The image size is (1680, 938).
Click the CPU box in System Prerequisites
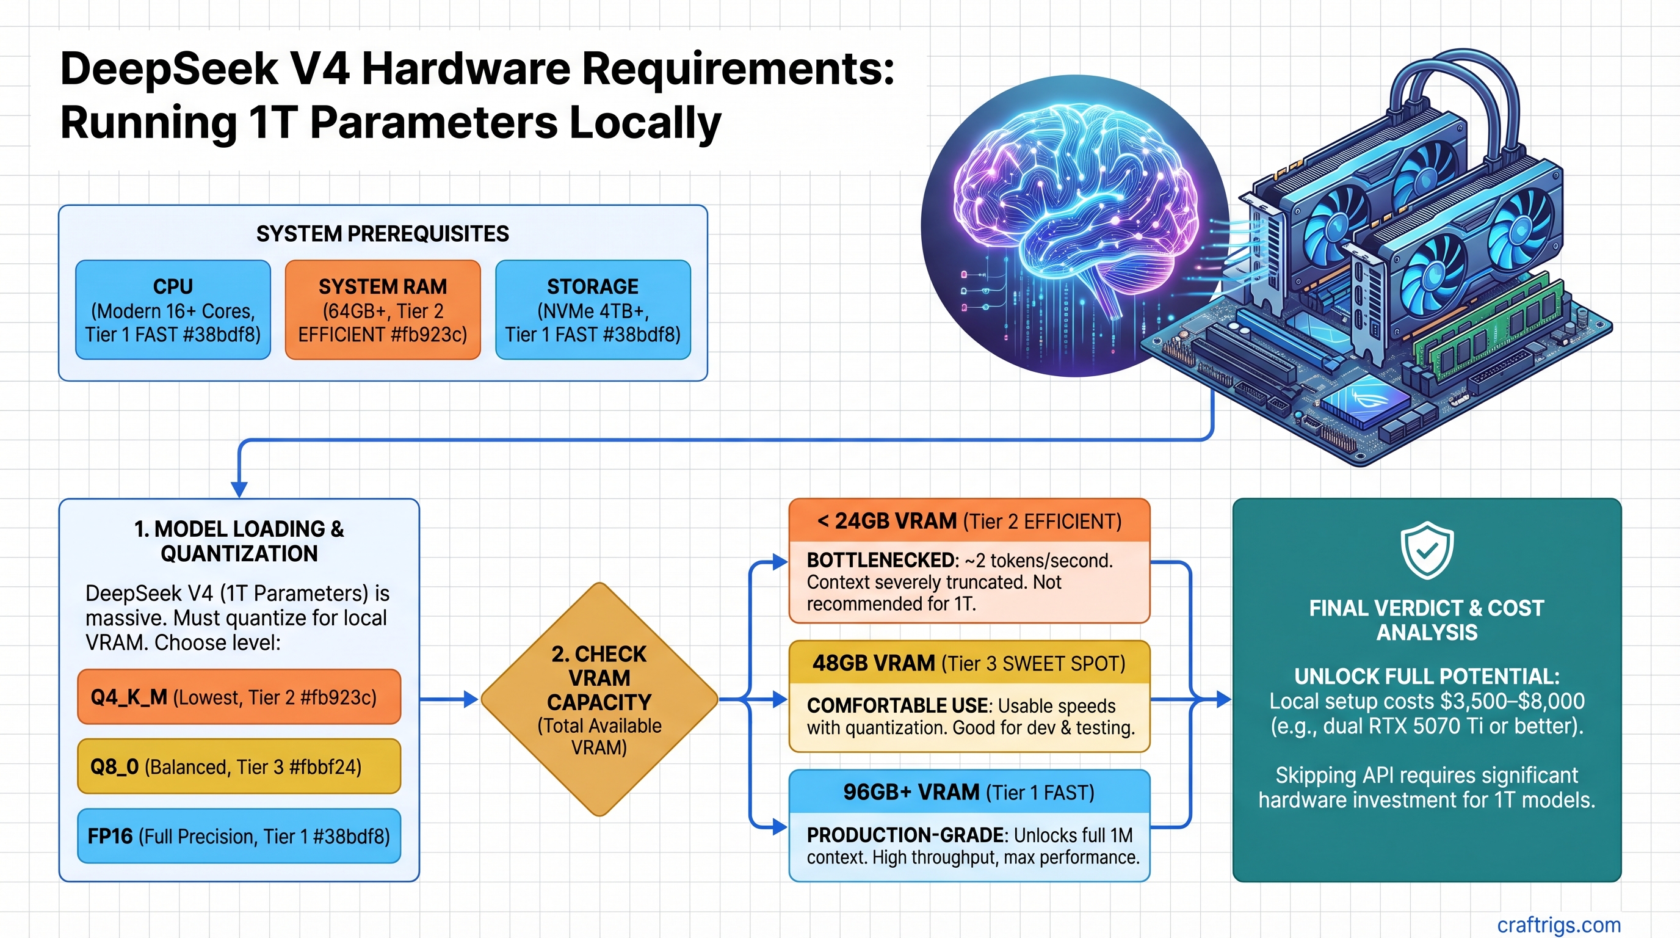click(173, 310)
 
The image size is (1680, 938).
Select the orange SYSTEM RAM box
click(383, 310)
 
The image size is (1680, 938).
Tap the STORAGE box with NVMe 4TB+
click(593, 310)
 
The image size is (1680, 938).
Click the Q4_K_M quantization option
click(239, 697)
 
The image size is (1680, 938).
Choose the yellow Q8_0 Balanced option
click(239, 766)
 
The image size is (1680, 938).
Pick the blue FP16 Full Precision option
click(239, 836)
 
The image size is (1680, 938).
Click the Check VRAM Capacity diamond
click(599, 699)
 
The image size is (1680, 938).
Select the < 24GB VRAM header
click(969, 521)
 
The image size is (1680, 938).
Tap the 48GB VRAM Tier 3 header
click(969, 663)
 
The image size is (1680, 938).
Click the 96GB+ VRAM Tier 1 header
click(969, 792)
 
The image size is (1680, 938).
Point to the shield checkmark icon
click(1427, 549)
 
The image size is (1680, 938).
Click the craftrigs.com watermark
click(1558, 925)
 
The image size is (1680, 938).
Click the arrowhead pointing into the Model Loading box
click(239, 489)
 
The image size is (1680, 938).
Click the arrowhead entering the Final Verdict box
click(1223, 700)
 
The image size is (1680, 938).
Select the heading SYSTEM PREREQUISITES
click(382, 233)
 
